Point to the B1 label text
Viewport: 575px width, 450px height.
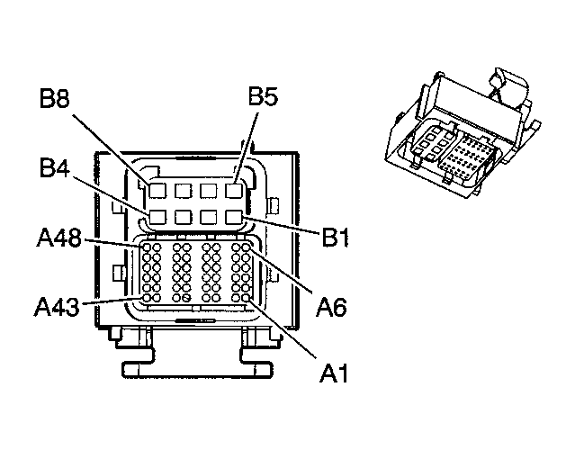pyautogui.click(x=336, y=239)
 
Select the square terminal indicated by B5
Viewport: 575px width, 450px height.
pyautogui.click(x=235, y=191)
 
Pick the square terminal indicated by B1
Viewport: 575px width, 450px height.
pyautogui.click(x=235, y=217)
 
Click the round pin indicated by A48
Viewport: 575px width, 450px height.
pyautogui.click(x=144, y=247)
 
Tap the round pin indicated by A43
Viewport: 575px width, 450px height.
pyautogui.click(x=144, y=298)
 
